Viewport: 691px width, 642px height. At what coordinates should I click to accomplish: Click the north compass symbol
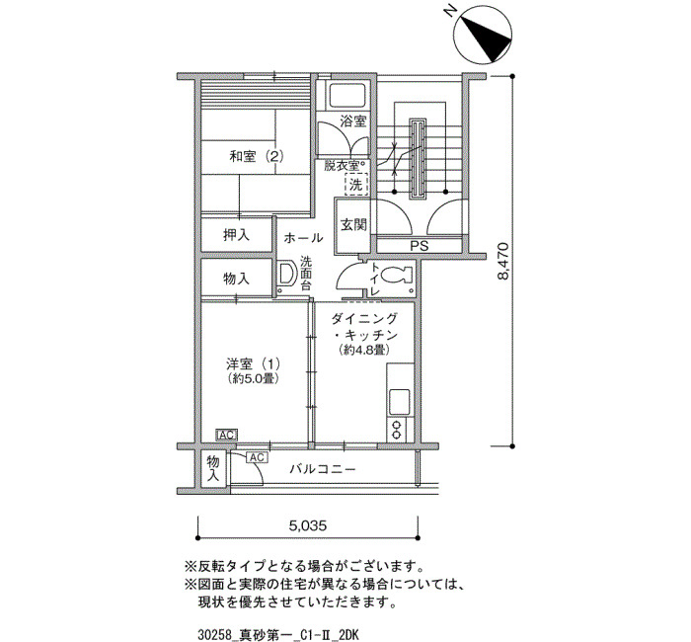coord(482,36)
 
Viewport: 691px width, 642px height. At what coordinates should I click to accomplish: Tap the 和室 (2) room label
coord(256,156)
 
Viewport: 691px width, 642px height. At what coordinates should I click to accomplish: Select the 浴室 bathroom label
coord(353,120)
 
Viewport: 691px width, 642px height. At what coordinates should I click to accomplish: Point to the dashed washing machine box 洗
coord(356,185)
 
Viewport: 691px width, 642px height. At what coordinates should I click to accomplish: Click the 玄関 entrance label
coord(353,225)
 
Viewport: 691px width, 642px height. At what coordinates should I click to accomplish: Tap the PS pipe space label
coord(420,246)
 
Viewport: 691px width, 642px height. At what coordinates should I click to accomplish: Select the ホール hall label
coord(303,238)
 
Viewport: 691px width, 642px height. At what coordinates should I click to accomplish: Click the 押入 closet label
coord(236,235)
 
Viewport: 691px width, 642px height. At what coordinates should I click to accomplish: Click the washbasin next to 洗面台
coord(287,274)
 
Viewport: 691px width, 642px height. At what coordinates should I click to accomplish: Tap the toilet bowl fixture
coord(395,276)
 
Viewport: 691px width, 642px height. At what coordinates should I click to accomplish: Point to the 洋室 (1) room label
coord(253,364)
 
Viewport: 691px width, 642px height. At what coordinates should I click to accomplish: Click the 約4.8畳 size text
coord(363,351)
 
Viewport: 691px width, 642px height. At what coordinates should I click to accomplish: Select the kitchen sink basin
coord(400,402)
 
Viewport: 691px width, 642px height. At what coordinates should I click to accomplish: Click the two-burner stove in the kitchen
coord(397,431)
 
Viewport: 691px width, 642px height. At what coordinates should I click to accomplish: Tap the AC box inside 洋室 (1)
coord(226,436)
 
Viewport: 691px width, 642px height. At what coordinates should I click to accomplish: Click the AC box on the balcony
coord(257,457)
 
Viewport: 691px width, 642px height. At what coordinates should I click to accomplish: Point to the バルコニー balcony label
coord(323,469)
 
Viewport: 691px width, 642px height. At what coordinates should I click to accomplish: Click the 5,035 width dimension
coord(308,525)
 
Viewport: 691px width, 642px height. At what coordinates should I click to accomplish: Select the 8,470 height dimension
coord(503,261)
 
